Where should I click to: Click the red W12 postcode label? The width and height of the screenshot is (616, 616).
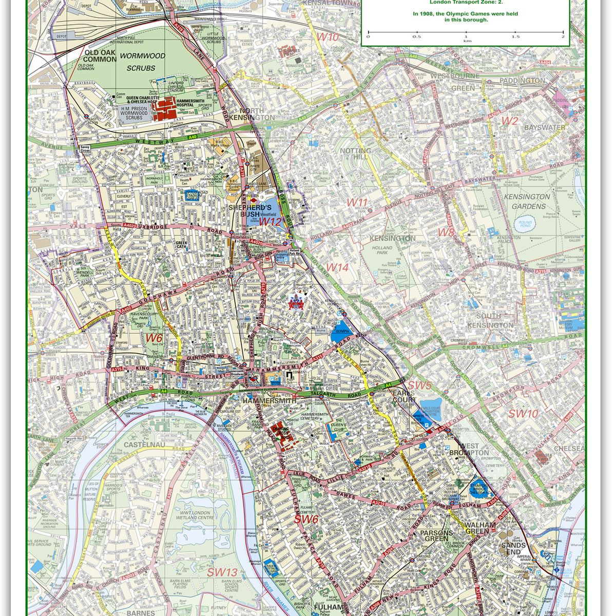pos(270,222)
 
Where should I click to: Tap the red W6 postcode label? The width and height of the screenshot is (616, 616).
pos(154,338)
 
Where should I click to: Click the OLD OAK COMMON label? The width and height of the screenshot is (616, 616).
pos(101,56)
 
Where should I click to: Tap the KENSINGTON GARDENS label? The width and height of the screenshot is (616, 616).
pos(528,201)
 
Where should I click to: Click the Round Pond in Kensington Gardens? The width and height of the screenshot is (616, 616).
pos(525,224)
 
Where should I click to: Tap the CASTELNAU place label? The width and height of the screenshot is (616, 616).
pos(137,444)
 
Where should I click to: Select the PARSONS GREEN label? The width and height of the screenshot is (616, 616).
pos(437,536)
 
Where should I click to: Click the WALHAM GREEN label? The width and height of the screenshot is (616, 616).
pos(480,528)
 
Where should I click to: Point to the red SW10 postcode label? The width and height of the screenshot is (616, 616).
pos(523,414)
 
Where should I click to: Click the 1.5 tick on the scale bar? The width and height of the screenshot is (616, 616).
pos(515,36)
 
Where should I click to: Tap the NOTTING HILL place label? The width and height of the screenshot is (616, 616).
pos(355,153)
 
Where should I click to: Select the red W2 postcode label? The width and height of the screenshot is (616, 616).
pos(509,121)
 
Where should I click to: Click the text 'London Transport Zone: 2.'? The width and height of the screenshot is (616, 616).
pos(466,3)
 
